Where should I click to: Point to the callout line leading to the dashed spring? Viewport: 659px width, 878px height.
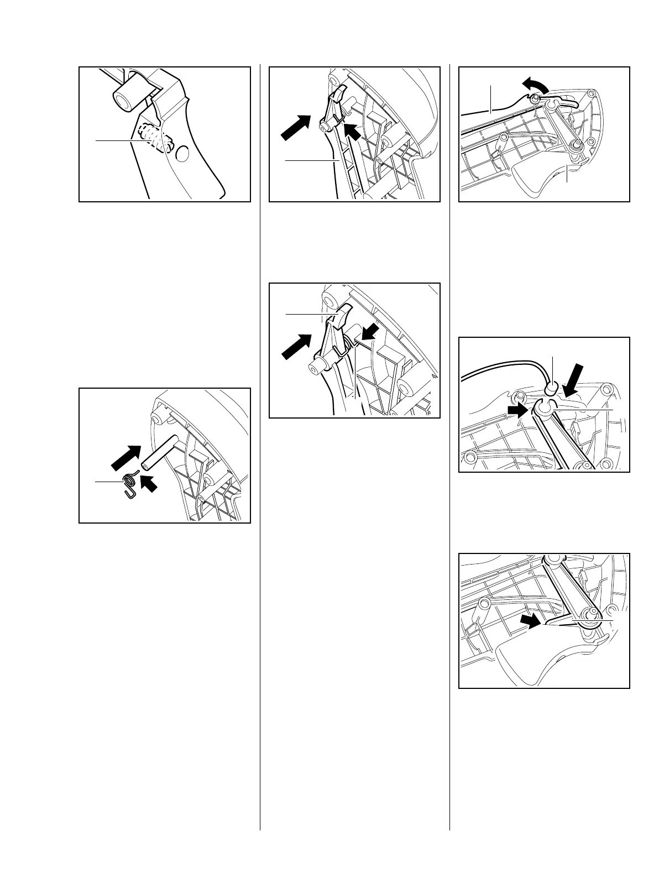point(116,141)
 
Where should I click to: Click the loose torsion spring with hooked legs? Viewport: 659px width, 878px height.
point(130,485)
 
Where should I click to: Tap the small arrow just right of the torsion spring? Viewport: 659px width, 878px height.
point(149,484)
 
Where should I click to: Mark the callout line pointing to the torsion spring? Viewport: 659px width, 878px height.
point(108,482)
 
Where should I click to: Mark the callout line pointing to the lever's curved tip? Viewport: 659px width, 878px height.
point(310,314)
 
